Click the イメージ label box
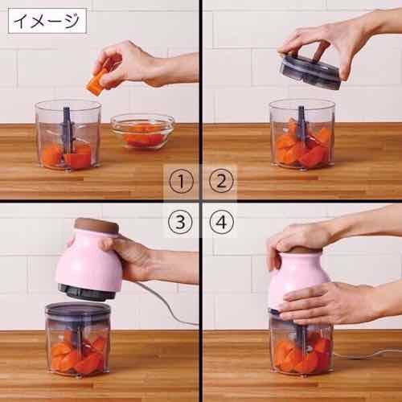[x=46, y=19]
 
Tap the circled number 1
[x=186, y=182]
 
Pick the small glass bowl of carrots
[x=142, y=131]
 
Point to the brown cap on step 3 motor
[x=96, y=228]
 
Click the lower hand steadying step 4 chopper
[x=322, y=301]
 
